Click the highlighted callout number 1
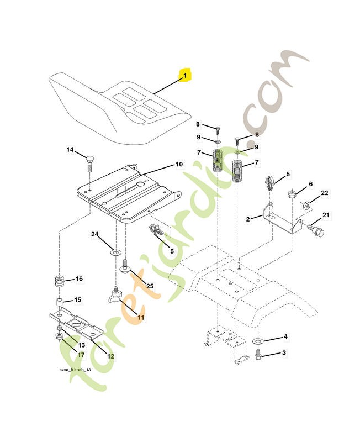(x=185, y=76)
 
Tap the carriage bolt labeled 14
(x=89, y=162)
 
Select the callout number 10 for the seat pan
(x=179, y=164)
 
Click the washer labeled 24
(x=115, y=252)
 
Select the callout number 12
(x=110, y=356)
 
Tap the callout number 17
(x=81, y=355)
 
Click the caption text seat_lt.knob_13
(x=76, y=370)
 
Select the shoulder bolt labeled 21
(x=316, y=230)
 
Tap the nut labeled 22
(x=306, y=206)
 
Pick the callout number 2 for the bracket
(x=248, y=219)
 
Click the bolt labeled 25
(x=125, y=266)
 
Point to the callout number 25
(x=150, y=286)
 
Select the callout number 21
(x=326, y=215)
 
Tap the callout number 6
(x=311, y=184)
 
